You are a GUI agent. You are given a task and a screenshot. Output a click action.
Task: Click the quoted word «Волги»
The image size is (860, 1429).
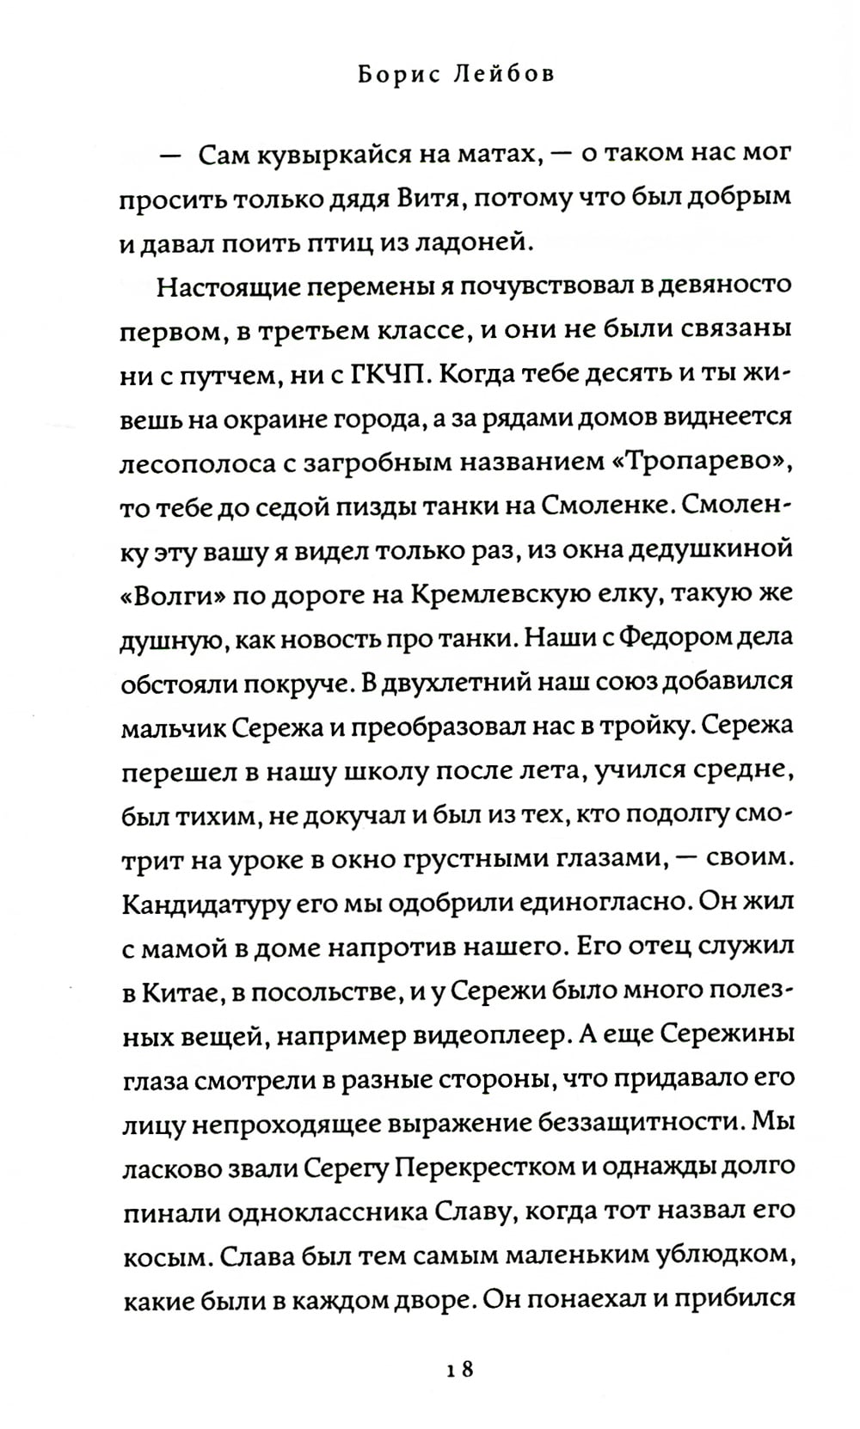click(175, 594)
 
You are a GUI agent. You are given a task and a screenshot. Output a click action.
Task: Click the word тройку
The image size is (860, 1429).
click(654, 726)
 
